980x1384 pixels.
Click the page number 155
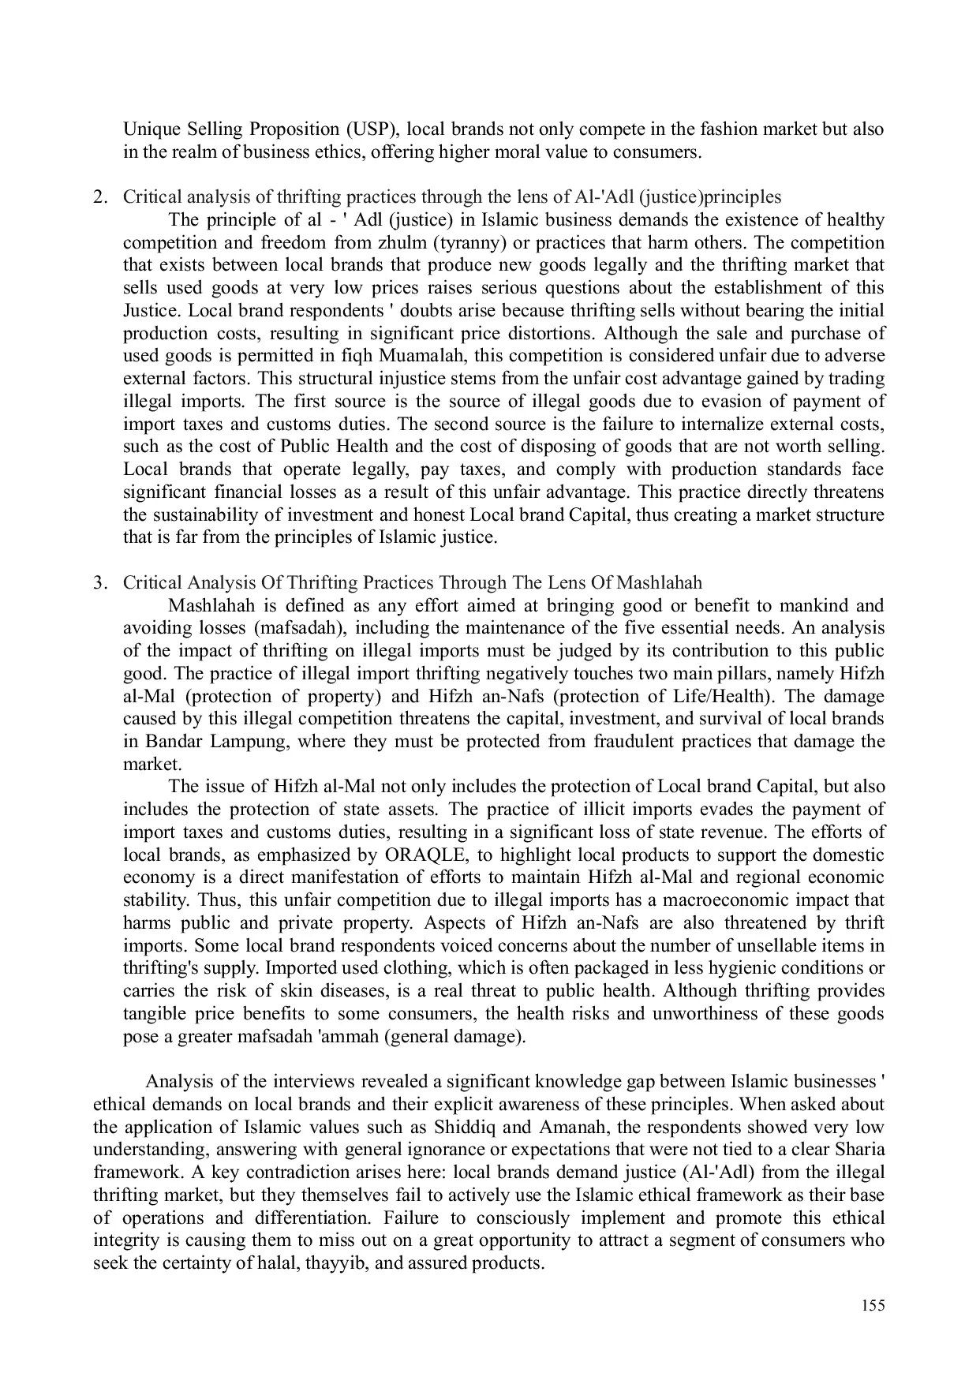click(873, 1306)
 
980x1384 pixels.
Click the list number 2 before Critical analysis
click(99, 196)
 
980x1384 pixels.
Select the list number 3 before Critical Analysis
click(99, 583)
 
